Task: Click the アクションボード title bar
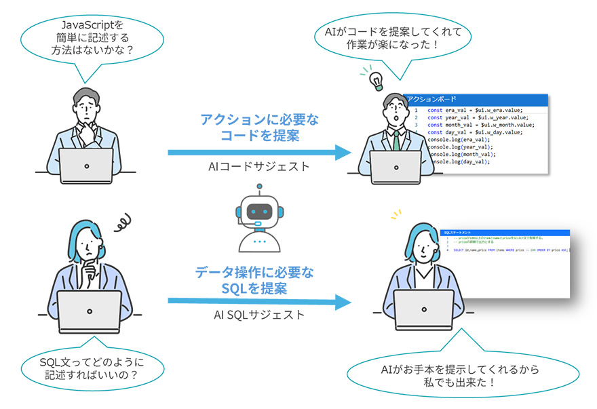pos(475,99)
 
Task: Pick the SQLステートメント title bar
pos(505,232)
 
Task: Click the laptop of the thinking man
pos(86,166)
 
